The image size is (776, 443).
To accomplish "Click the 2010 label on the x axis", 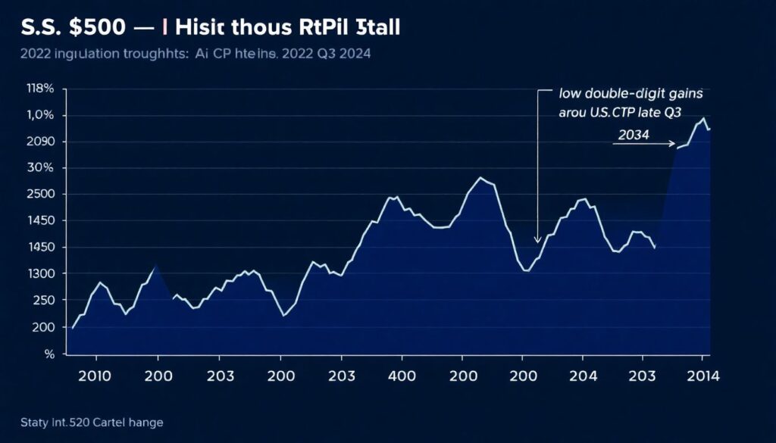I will (x=95, y=376).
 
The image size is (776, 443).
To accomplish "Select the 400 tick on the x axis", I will (x=402, y=376).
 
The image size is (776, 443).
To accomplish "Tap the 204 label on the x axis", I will (x=583, y=376).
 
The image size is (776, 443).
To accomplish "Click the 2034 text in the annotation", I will (x=635, y=134).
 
